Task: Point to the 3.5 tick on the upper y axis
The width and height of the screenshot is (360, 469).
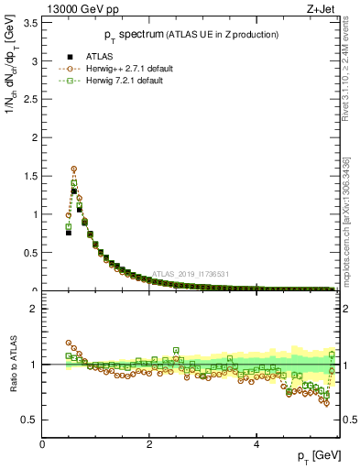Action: point(30,23)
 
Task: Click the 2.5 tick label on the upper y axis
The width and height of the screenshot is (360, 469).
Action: point(30,100)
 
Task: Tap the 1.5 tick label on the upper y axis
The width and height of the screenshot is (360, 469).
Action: point(30,176)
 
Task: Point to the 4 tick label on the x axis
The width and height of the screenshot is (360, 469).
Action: point(256,443)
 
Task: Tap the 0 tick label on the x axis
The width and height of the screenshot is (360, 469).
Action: point(43,443)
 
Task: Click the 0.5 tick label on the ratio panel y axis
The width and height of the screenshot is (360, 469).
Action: point(30,420)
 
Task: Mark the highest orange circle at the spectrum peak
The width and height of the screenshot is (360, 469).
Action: point(74,169)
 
